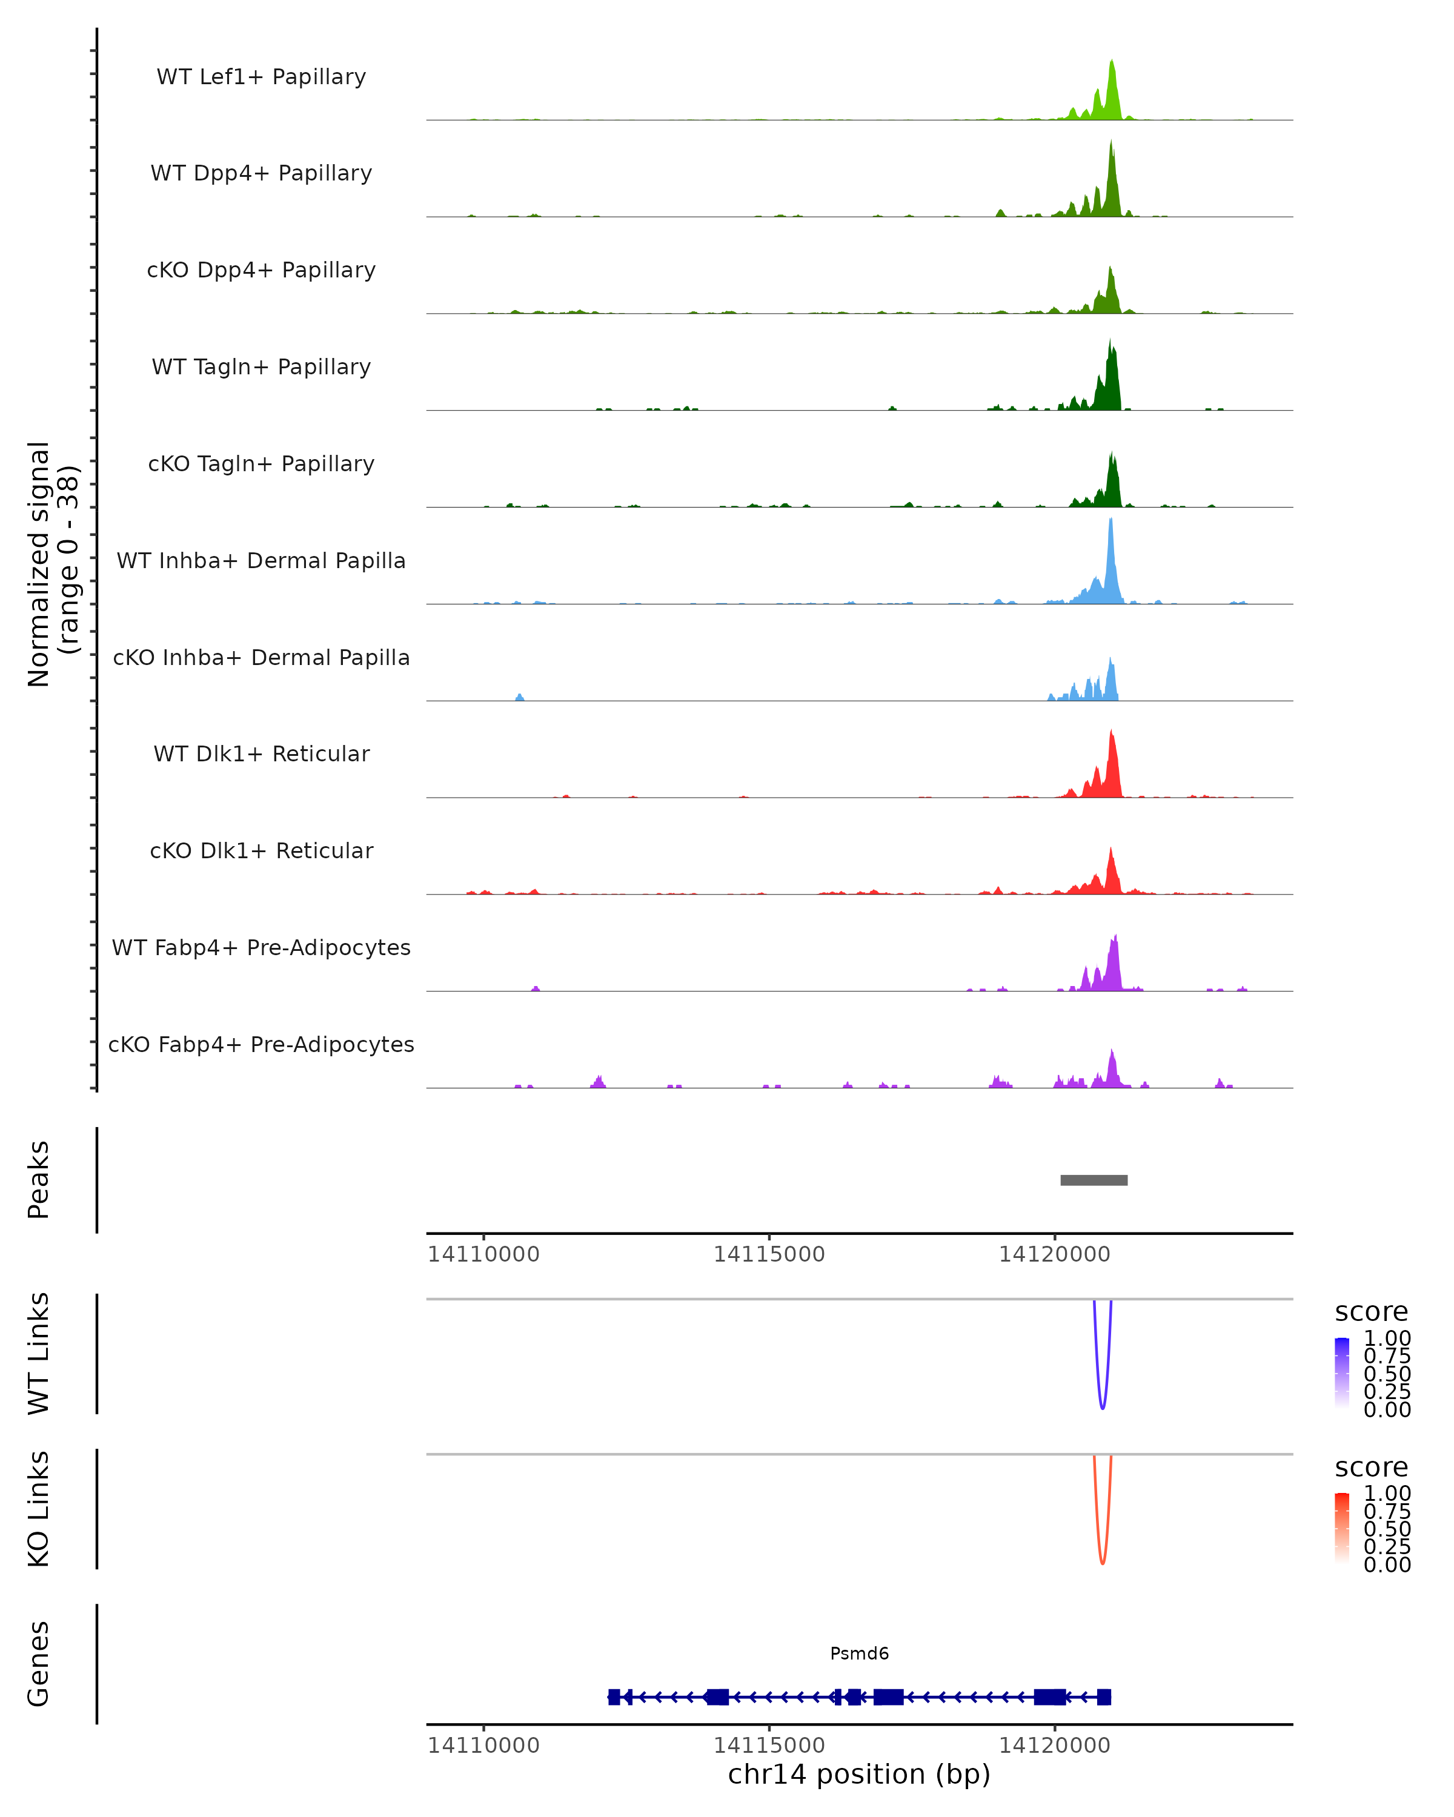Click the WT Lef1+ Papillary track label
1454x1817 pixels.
click(x=261, y=77)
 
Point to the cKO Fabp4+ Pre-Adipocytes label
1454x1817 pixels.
click(x=261, y=1044)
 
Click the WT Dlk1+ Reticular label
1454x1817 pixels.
click(x=261, y=753)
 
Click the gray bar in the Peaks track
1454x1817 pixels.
click(x=1094, y=1180)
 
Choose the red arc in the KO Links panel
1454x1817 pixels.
click(x=1103, y=1561)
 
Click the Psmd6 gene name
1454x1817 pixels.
click(x=859, y=1653)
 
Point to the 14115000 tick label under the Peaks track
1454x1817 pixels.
click(x=769, y=1254)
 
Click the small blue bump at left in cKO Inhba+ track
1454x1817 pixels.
click(x=519, y=697)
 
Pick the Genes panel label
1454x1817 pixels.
click(x=38, y=1664)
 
